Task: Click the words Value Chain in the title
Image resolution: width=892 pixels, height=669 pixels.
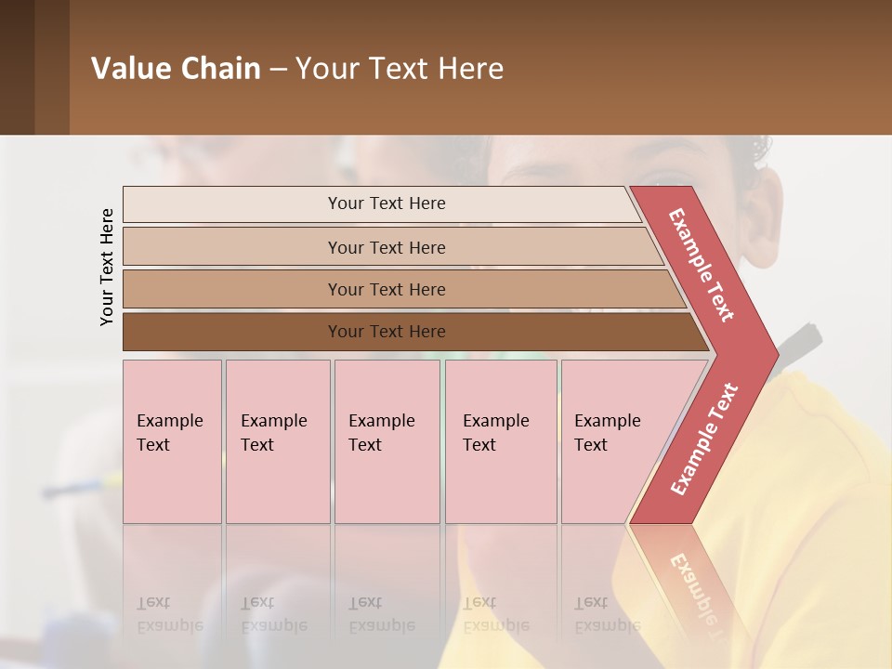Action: pos(176,69)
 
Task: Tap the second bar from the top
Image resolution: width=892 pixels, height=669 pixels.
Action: pos(387,247)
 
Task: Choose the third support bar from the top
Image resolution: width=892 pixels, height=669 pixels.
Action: pos(387,289)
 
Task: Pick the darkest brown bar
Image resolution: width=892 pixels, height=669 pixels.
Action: pos(387,332)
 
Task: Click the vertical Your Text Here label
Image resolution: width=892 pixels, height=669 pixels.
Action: pos(107,267)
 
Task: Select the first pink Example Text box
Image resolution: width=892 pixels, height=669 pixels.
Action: pos(172,440)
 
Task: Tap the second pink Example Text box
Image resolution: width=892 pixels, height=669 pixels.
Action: pos(277,440)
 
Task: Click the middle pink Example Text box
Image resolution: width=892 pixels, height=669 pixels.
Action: pos(387,440)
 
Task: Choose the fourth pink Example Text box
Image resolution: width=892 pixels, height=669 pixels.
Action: pos(500,440)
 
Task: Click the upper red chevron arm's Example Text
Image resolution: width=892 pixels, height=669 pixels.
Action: pos(702,266)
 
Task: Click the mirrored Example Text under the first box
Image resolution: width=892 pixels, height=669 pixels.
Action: pos(169,614)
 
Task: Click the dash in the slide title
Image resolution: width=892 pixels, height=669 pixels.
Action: pos(278,69)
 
